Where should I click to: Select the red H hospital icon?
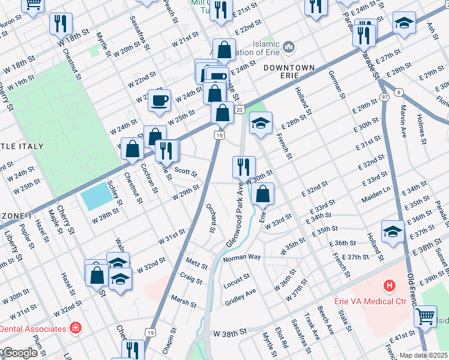pyautogui.click(x=390, y=286)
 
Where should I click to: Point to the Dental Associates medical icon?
pyautogui.click(x=76, y=328)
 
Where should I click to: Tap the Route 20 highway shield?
pyautogui.click(x=239, y=109)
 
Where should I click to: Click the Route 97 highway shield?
pyautogui.click(x=384, y=97)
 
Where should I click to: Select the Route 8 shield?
pyautogui.click(x=399, y=92)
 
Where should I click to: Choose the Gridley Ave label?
pyautogui.click(x=240, y=295)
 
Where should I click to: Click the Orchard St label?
pyautogui.click(x=211, y=218)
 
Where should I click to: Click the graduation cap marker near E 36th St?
pyautogui.click(x=393, y=232)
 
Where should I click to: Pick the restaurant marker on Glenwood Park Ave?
pyautogui.click(x=244, y=166)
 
